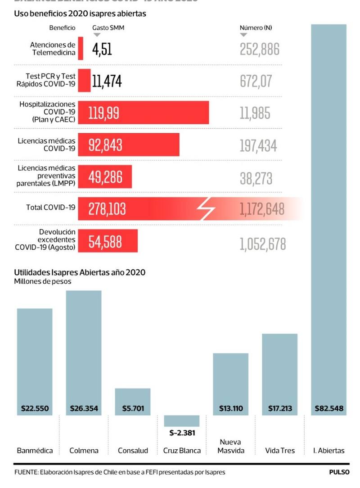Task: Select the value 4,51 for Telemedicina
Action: pyautogui.click(x=102, y=49)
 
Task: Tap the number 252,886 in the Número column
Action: pyautogui.click(x=260, y=49)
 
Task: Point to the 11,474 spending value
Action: pyautogui.click(x=107, y=81)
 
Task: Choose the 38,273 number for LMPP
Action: pyautogui.click(x=256, y=178)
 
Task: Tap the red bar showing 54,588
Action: pyautogui.click(x=108, y=241)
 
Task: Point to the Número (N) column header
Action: pyautogui.click(x=256, y=28)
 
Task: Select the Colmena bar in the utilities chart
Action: pyautogui.click(x=84, y=351)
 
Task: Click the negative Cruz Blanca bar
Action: pyautogui.click(x=181, y=420)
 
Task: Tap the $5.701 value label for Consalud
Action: pyautogui.click(x=133, y=409)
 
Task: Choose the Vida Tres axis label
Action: pyautogui.click(x=279, y=451)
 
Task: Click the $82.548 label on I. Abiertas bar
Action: pyautogui.click(x=328, y=409)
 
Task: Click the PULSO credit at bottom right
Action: pyautogui.click(x=339, y=472)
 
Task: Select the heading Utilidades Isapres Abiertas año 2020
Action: pyautogui.click(x=80, y=272)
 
